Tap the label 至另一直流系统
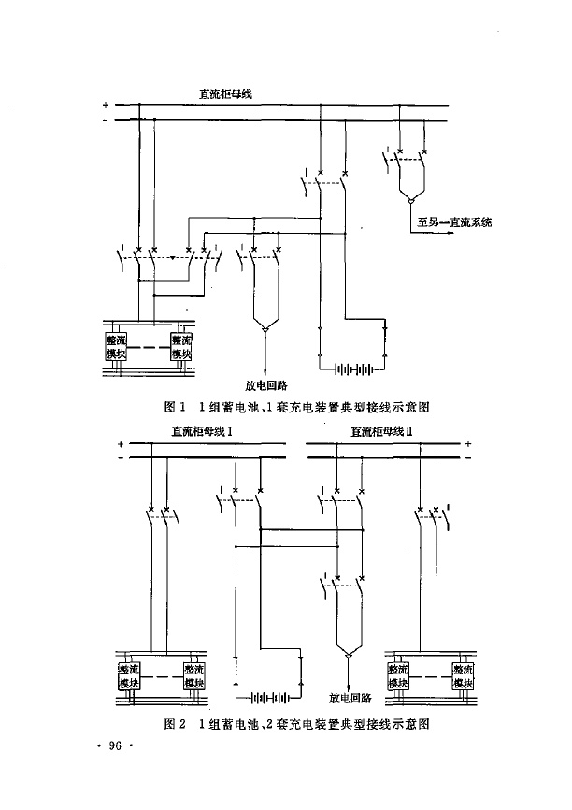454,223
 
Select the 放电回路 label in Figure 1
265,384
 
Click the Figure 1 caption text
295,407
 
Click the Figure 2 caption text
295,724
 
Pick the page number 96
116,745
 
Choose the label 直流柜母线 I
200,431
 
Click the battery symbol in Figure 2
269,697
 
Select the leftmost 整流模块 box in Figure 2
128,676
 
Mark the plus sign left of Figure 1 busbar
106,105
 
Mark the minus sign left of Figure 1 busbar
106,120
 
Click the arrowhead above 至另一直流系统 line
408,199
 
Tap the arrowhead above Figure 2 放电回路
348,656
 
